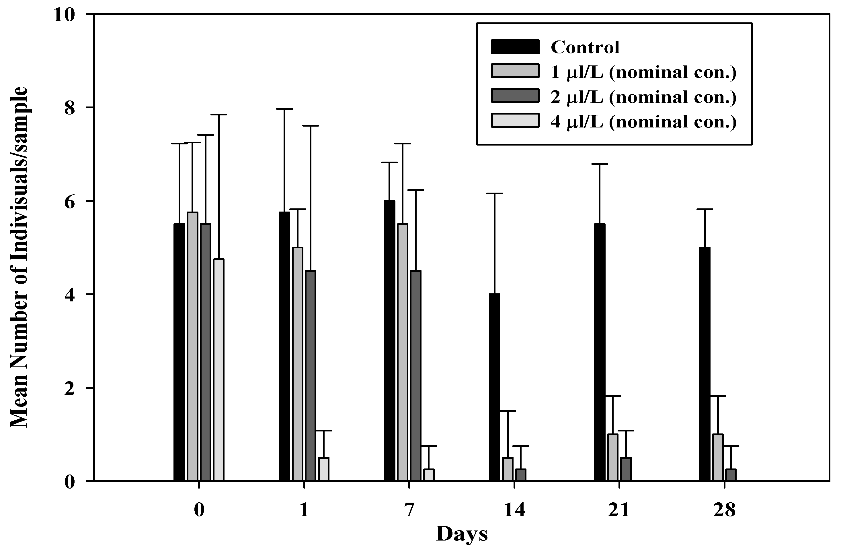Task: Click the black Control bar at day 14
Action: [494, 387]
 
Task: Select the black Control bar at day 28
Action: [705, 364]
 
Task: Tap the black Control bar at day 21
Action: [599, 352]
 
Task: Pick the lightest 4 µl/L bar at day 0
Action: [219, 370]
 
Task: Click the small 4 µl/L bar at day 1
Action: [324, 469]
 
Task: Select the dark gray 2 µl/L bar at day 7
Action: [415, 376]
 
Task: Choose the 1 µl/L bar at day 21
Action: [612, 457]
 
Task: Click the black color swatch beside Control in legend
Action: [515, 47]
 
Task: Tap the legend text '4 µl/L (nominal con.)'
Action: [643, 122]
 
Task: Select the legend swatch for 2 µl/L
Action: [515, 96]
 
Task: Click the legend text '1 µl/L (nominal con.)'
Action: [643, 72]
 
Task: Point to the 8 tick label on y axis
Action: [70, 108]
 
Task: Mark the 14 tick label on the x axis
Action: [514, 510]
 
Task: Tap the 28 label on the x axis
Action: [724, 510]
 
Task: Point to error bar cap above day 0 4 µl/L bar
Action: [219, 115]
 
